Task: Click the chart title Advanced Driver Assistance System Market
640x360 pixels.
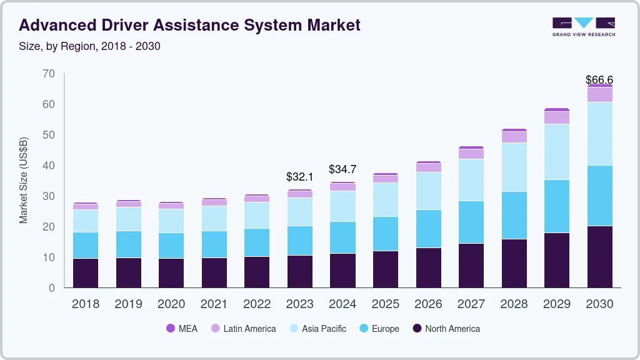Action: (x=190, y=25)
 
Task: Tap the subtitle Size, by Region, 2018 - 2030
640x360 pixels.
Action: (x=90, y=46)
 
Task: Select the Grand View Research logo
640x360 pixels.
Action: (x=583, y=26)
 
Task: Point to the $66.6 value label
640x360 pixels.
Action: (x=599, y=80)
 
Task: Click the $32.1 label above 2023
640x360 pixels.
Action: (x=299, y=177)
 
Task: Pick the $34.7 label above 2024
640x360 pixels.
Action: (x=342, y=170)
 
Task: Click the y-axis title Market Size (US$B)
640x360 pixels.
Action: (x=24, y=180)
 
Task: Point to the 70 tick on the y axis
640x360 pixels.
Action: (x=49, y=74)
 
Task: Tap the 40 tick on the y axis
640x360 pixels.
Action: (x=49, y=166)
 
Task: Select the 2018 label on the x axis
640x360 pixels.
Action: (x=85, y=304)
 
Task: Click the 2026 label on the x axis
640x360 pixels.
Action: (x=428, y=304)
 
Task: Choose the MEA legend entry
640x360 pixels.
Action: (x=182, y=328)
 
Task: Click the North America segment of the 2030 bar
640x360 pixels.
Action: (x=599, y=257)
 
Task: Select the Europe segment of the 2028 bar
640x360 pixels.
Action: (x=514, y=215)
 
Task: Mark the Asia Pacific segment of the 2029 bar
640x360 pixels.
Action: (x=556, y=152)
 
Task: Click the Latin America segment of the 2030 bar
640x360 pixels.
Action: (x=599, y=94)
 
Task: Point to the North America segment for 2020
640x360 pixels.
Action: (x=171, y=273)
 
